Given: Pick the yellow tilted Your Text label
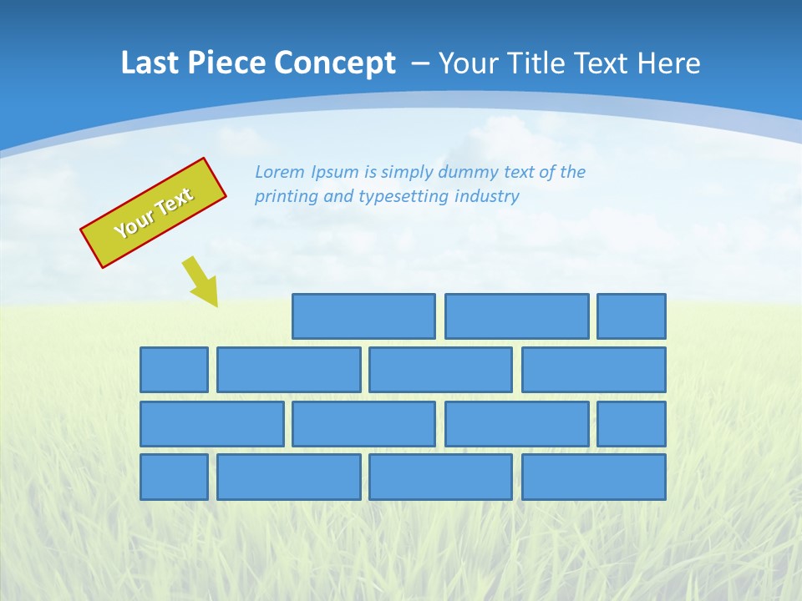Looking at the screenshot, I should coord(153,213).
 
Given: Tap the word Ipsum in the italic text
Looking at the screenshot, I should coord(334,173).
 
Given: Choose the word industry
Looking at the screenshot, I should coord(487,197).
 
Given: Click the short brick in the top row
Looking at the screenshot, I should coord(632,316).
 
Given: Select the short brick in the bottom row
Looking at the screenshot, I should coord(174,477).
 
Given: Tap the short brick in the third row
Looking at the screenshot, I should coord(632,424).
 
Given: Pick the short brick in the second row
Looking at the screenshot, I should coord(174,370).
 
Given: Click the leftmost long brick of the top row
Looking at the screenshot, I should coord(363,316).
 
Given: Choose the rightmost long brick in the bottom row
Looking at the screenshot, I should coord(594,477).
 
